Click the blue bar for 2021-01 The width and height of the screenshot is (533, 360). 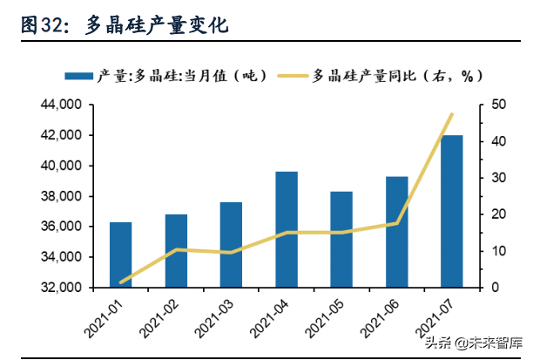click(x=121, y=255)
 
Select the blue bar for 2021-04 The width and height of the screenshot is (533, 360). click(x=287, y=229)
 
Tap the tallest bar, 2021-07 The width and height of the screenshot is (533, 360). click(x=452, y=211)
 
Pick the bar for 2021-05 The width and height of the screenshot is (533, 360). click(x=341, y=239)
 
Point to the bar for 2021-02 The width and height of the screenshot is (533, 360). click(x=176, y=251)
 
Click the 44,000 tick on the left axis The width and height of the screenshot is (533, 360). click(x=61, y=105)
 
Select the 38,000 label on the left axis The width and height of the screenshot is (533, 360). click(x=61, y=196)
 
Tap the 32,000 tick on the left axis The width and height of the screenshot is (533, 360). click(x=61, y=288)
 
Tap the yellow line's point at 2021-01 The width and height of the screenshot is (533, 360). click(x=121, y=282)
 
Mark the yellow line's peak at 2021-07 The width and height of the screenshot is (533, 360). click(x=452, y=114)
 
